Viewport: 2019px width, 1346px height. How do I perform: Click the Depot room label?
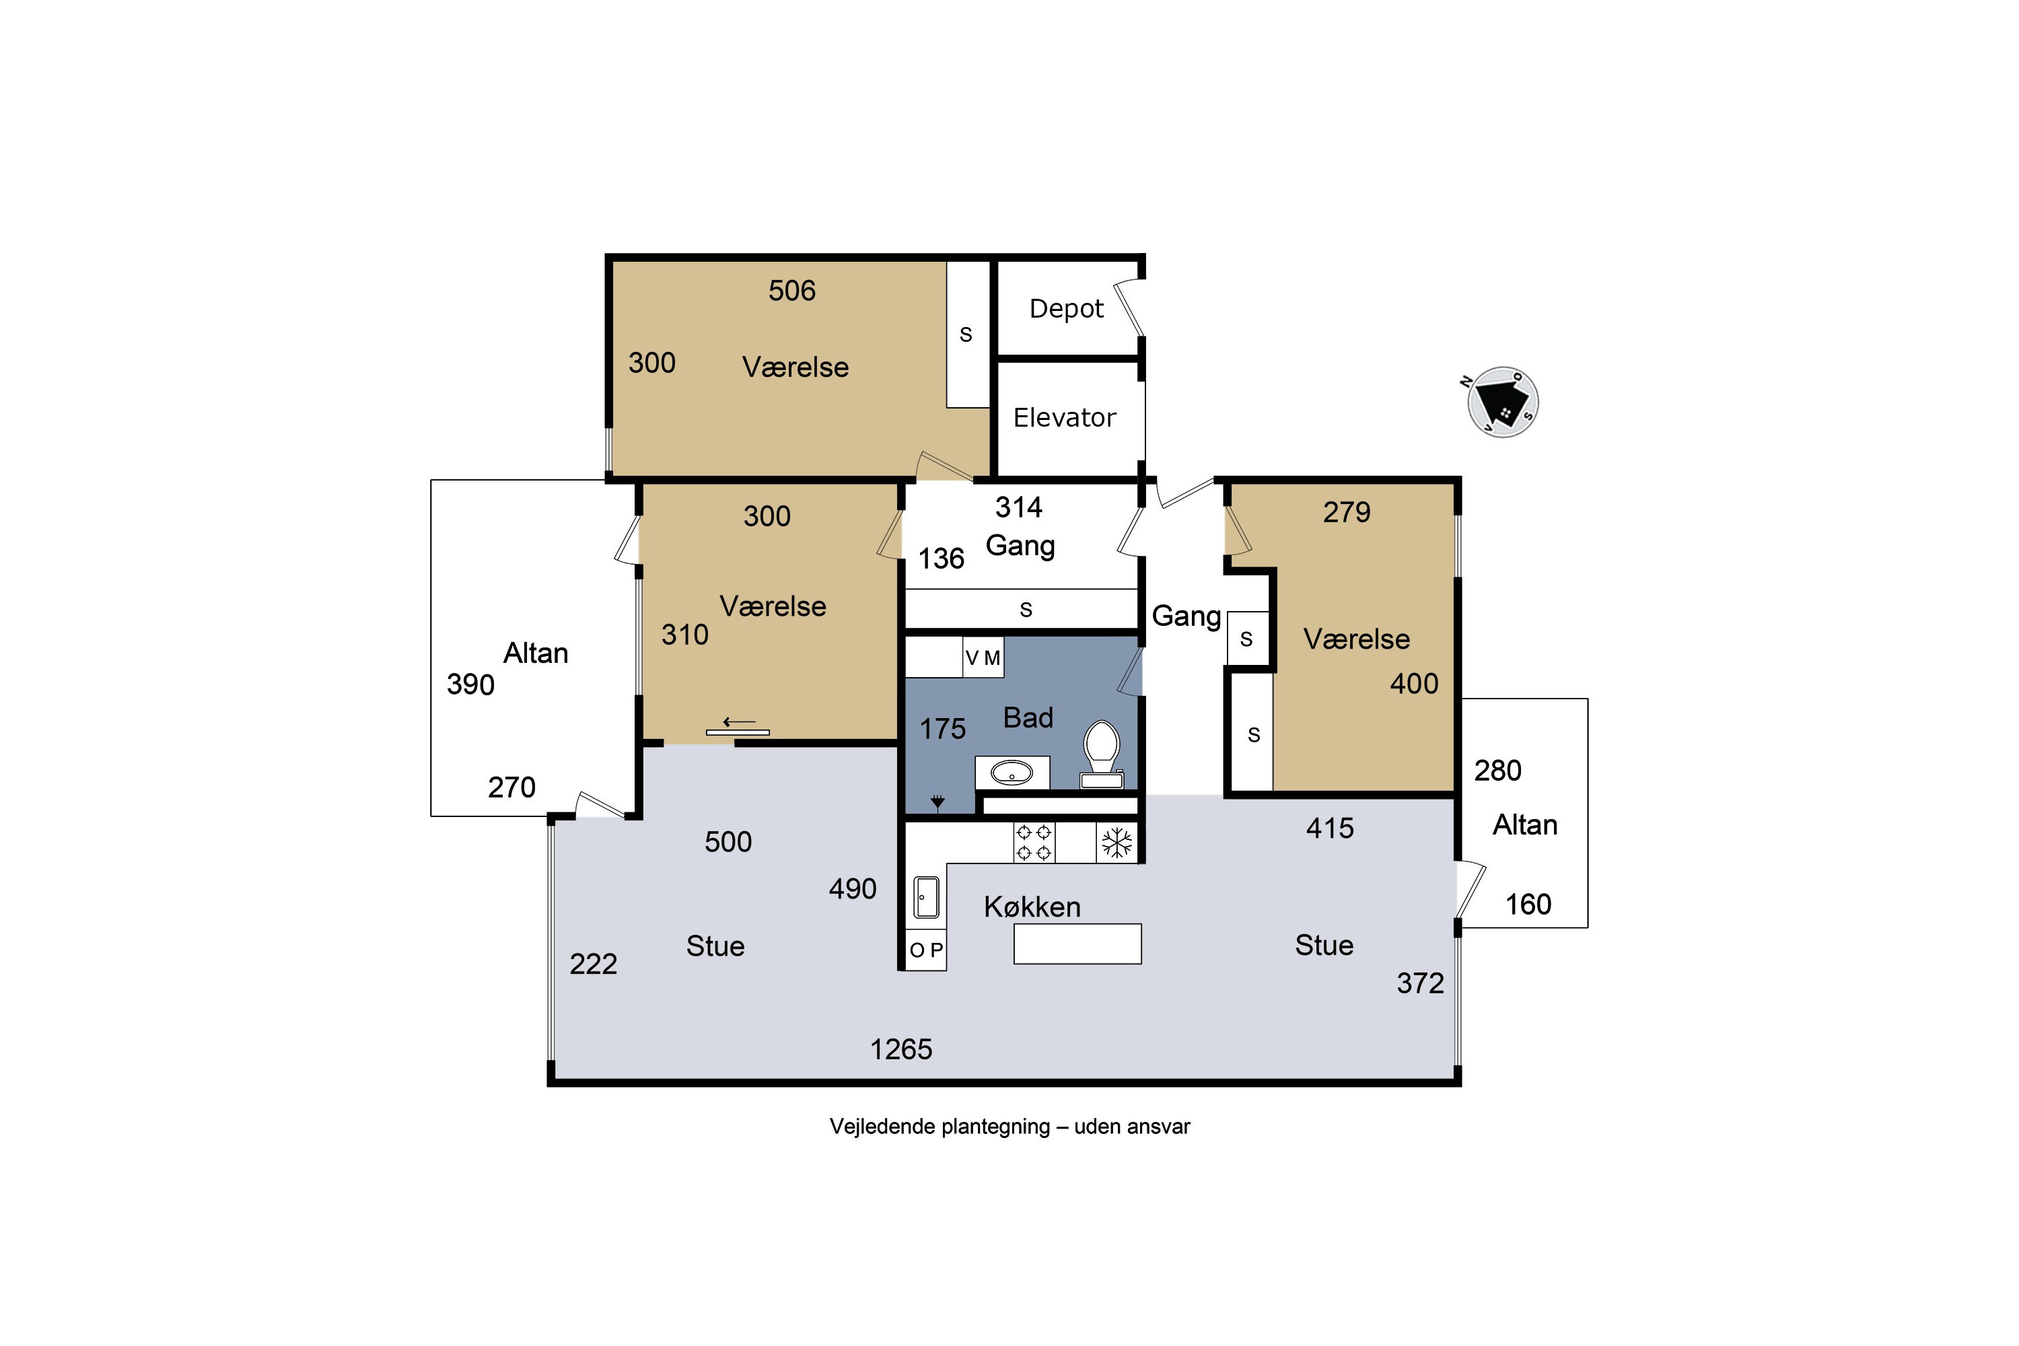coord(1066,309)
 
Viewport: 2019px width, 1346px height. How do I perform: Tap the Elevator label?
coord(1065,418)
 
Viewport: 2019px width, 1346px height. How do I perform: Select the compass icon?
coord(1502,402)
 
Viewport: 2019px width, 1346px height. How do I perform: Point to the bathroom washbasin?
coord(1012,773)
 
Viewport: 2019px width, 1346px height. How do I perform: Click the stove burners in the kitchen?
coord(1034,842)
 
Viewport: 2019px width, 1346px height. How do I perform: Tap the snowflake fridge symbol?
coord(1117,842)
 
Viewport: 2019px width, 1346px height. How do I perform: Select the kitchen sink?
coord(926,896)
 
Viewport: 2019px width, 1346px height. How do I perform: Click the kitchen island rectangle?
coord(1077,944)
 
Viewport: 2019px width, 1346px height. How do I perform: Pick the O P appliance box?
coord(926,950)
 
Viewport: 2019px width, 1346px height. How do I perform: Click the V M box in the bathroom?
coord(983,658)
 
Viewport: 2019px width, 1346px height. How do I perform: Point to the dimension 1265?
coord(901,1049)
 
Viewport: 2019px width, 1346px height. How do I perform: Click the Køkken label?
coord(1032,907)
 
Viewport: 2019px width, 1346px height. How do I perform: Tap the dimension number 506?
coord(791,291)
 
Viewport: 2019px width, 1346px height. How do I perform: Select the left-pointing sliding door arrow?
coord(738,722)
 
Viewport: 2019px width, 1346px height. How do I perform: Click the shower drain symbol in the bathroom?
coord(937,803)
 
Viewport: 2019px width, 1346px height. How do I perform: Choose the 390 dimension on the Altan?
coord(470,684)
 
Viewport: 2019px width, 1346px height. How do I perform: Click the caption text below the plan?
coord(1010,1126)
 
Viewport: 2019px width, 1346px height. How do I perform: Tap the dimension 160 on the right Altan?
coord(1528,904)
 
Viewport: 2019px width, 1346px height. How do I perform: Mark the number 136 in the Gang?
coord(941,559)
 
